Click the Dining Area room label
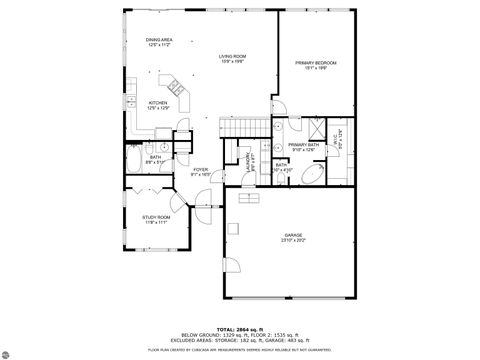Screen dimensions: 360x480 (x=160, y=42)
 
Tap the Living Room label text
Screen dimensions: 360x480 (x=234, y=58)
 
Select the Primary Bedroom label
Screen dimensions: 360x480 (x=315, y=65)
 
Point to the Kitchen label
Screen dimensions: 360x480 (x=158, y=104)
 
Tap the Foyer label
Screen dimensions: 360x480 (x=201, y=171)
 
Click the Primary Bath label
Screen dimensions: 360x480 (x=303, y=147)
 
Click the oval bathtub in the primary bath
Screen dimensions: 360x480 (x=313, y=176)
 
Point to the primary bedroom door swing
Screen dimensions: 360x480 (x=281, y=108)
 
